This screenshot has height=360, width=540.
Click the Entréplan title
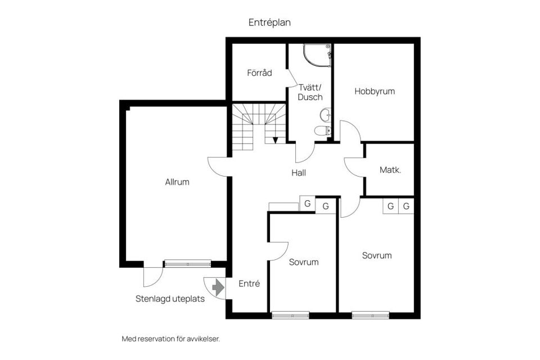[x=269, y=22]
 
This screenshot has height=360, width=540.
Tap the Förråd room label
[x=259, y=73]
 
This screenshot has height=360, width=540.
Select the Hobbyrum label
[x=375, y=91]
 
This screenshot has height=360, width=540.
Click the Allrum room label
[x=177, y=182]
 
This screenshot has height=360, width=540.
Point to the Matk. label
[x=390, y=170]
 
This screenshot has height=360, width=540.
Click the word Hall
[x=299, y=173]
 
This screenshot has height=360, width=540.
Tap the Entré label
[x=249, y=283]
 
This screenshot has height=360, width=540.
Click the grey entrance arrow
[x=218, y=287]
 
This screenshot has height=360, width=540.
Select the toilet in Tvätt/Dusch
[x=323, y=130]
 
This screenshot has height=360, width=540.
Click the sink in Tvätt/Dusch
[x=326, y=115]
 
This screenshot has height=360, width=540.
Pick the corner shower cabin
[x=317, y=55]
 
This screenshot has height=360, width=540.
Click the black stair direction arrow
[x=275, y=140]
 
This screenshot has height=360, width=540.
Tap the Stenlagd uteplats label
[x=170, y=299]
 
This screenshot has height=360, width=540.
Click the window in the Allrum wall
[x=188, y=264]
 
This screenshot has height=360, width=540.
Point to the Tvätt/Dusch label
[x=310, y=92]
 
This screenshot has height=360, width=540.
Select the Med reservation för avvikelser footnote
[x=171, y=339]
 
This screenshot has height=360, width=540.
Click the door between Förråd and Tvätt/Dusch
[x=292, y=78]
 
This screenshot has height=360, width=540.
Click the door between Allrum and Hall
[x=218, y=166]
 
